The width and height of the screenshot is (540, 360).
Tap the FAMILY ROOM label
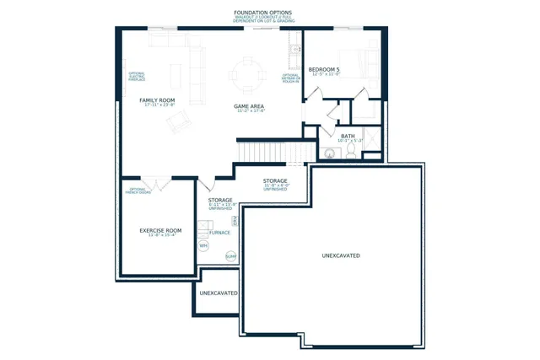158,100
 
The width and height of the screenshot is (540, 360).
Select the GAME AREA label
250,106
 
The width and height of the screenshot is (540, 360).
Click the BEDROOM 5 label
324,69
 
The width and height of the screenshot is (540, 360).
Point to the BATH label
348,136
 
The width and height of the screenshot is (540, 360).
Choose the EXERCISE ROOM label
160,230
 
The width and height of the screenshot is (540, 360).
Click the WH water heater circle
203,245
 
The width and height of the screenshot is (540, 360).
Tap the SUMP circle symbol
230,255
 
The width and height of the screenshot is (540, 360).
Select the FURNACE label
219,232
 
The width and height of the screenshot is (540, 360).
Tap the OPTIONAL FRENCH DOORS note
137,191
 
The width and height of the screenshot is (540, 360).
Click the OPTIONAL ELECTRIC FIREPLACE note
137,77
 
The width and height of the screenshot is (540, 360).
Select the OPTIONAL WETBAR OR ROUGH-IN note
291,78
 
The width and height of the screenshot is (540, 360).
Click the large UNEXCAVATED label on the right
342,255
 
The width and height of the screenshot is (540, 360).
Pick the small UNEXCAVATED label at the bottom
218,293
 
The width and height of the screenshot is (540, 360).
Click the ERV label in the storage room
234,221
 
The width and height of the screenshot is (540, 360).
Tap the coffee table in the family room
176,74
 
